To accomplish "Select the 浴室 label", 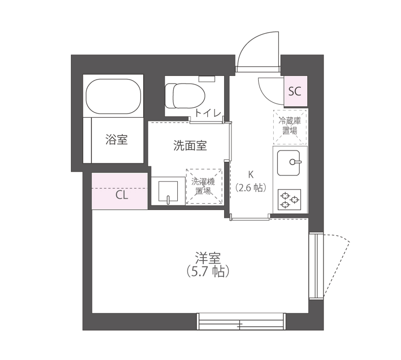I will (116, 140).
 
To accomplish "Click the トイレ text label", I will (208, 112).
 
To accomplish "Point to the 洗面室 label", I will (190, 146).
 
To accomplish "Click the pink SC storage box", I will (295, 91).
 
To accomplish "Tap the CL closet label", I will (121, 195).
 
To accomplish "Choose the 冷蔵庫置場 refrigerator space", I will (290, 125).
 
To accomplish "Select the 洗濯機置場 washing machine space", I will (204, 187).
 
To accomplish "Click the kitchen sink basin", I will (289, 162).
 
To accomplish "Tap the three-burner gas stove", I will (289, 199).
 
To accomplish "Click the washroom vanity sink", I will (167, 191).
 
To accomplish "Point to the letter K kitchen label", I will (250, 174).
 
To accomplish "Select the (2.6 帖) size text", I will (251, 187).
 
